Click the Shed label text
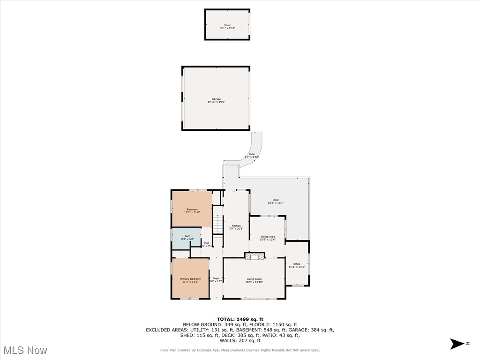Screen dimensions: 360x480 pos(227,25)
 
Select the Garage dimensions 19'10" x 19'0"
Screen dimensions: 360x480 pos(216,102)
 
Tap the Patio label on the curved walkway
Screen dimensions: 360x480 pos(252,154)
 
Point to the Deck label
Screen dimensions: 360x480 pos(276,200)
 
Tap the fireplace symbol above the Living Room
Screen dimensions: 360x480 pos(255,256)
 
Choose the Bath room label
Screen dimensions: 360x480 pos(187,236)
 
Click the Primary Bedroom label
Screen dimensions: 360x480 pos(190,279)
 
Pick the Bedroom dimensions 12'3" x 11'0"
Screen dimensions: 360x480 pos(192,212)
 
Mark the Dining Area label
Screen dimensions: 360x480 pos(268,237)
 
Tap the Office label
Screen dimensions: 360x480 pos(297,264)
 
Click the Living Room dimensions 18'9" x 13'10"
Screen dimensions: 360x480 pos(254,282)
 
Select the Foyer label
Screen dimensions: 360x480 pos(216,278)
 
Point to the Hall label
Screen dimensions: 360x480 pos(206,243)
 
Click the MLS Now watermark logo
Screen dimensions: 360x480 pos(25,350)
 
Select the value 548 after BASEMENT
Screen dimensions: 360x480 pos(262,330)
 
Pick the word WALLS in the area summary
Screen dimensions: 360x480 pos(225,340)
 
